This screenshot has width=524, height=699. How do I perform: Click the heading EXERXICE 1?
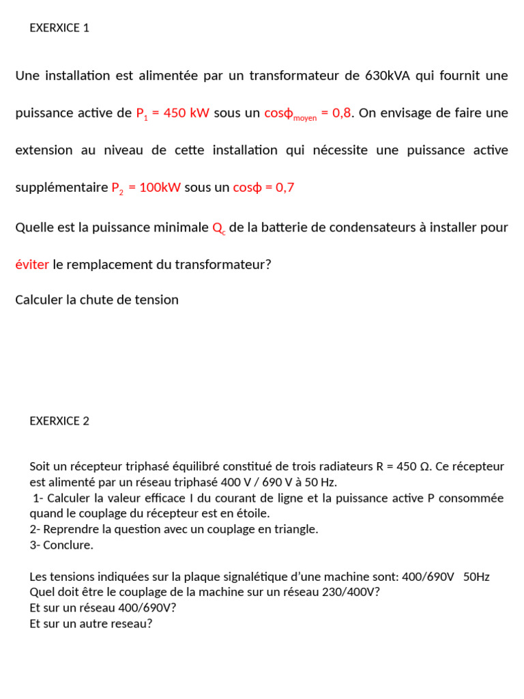click(x=59, y=28)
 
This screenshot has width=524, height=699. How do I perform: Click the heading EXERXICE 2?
click(x=59, y=421)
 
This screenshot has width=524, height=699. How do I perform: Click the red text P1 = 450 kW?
click(x=173, y=113)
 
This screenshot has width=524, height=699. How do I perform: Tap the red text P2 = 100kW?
click(x=146, y=188)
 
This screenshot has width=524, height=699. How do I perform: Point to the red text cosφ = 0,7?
click(x=263, y=188)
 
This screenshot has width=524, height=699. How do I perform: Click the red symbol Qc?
click(x=219, y=228)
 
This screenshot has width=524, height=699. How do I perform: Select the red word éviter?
click(x=32, y=264)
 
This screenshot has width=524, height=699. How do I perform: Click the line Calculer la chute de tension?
click(x=97, y=300)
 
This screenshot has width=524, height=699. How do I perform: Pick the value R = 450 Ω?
click(x=403, y=467)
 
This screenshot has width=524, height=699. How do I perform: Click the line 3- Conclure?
click(x=61, y=545)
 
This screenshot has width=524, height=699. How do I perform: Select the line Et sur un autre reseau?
click(x=91, y=623)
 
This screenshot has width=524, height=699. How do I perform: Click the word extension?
click(x=44, y=150)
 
